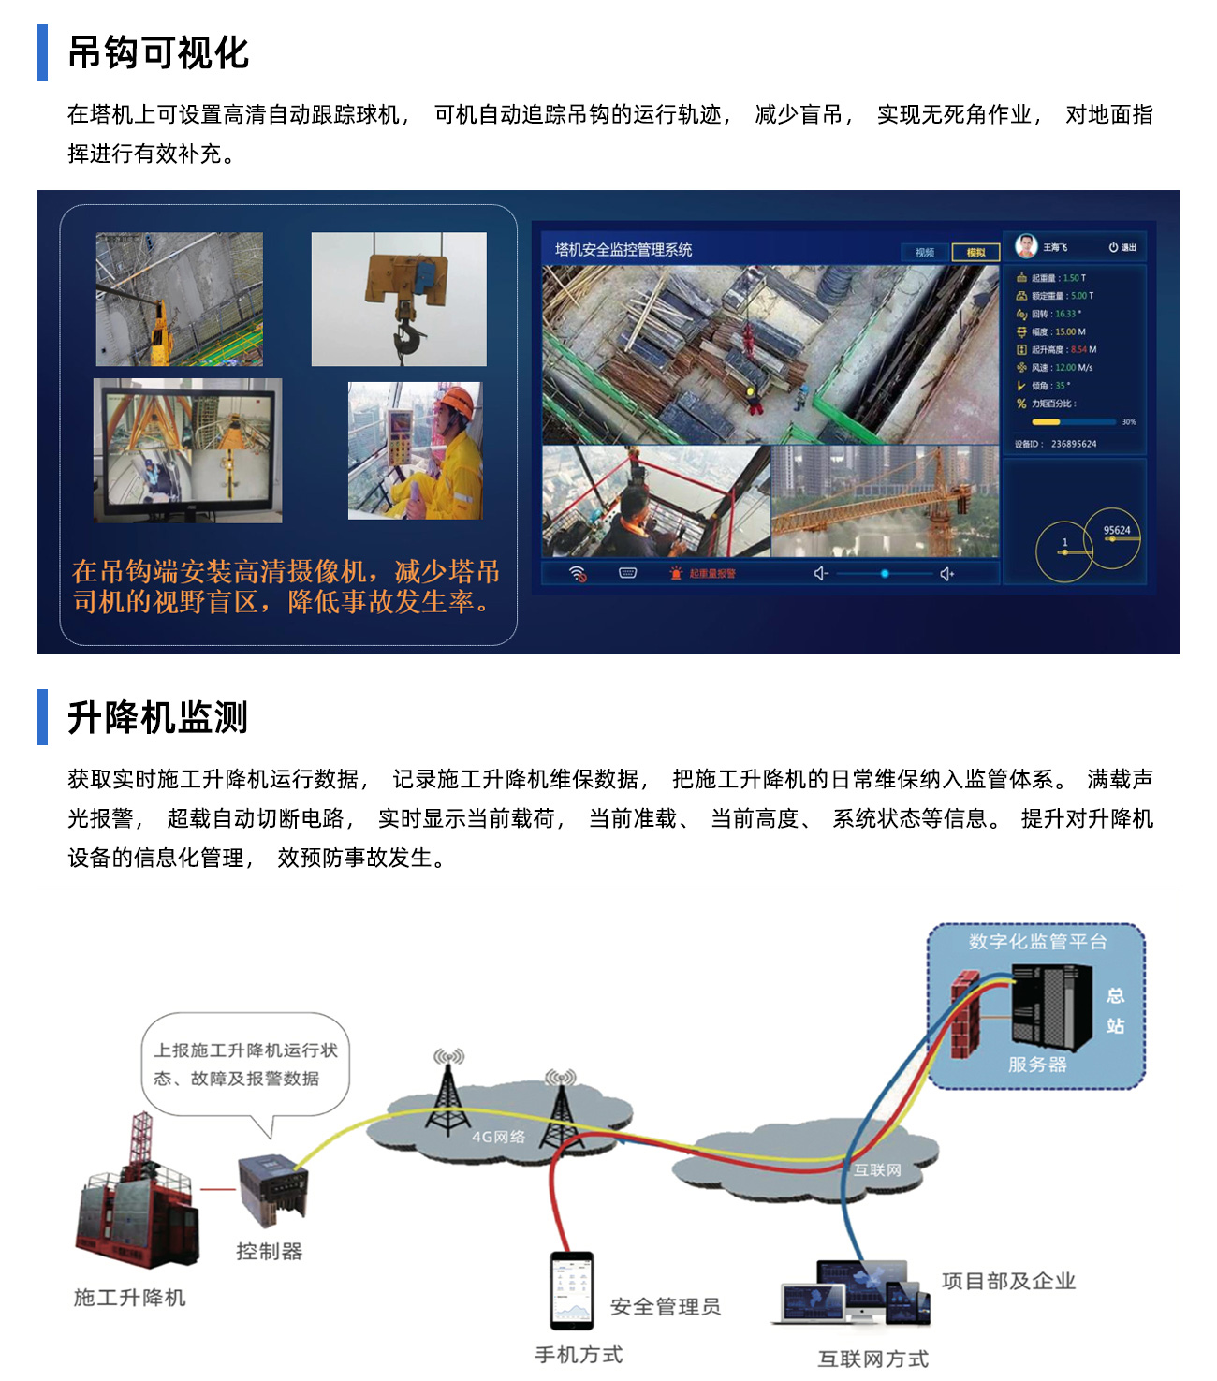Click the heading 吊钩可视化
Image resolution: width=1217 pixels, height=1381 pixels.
[x=158, y=53]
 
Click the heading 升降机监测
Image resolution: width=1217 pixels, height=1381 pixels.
[x=158, y=718]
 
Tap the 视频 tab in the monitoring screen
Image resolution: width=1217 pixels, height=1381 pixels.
[x=925, y=253]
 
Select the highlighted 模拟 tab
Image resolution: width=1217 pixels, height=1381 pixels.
[x=975, y=253]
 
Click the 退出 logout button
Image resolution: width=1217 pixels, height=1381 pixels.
[x=1122, y=247]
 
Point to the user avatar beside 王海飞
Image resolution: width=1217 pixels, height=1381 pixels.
[x=1027, y=246]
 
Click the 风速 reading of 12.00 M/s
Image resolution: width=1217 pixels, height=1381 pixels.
[x=1062, y=368]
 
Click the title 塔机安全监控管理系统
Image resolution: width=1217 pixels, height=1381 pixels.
[x=623, y=250]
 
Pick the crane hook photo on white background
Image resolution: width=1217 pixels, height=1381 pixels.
[x=399, y=299]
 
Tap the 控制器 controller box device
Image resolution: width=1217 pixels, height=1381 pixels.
[x=271, y=1189]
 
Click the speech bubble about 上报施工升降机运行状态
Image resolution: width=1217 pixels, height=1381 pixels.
[x=245, y=1065]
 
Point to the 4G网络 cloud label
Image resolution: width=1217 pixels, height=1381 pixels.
[x=498, y=1137]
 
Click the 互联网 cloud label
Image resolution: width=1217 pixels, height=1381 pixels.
[x=877, y=1169]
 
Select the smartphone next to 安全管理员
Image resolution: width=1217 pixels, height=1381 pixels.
[x=572, y=1290]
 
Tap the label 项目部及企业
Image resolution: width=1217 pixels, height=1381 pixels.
[x=1008, y=1281]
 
